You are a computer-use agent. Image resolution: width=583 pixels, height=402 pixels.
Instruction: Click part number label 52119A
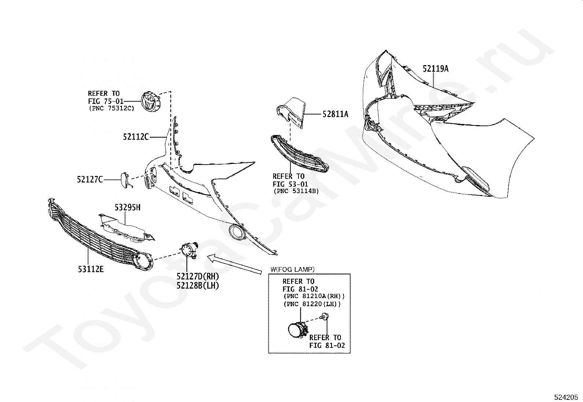(x=435, y=69)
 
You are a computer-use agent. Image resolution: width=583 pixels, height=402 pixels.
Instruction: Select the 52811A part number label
(x=335, y=114)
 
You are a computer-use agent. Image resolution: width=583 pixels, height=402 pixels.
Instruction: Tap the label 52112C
(x=136, y=137)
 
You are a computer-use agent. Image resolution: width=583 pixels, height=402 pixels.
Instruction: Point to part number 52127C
(x=90, y=180)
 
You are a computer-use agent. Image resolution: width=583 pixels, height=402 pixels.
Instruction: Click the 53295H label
(x=127, y=208)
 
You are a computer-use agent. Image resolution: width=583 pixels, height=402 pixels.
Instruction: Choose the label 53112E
(x=90, y=270)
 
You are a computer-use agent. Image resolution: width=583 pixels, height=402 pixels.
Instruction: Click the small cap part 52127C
(x=123, y=180)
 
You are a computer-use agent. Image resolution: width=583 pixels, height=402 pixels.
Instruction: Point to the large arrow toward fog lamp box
(x=234, y=264)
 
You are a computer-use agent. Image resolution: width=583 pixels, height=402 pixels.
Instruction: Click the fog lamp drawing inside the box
(x=296, y=330)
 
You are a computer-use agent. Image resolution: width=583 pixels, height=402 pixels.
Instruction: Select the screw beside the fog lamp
(x=324, y=316)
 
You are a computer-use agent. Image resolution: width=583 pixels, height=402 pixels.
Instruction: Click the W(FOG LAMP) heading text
(x=292, y=270)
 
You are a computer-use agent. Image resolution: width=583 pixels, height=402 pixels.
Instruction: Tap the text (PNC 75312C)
(x=111, y=108)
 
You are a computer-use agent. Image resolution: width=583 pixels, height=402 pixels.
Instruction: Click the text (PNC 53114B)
(x=296, y=191)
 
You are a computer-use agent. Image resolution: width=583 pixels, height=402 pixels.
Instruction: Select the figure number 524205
(x=566, y=397)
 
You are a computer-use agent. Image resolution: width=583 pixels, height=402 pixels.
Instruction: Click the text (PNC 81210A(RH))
(x=314, y=297)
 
